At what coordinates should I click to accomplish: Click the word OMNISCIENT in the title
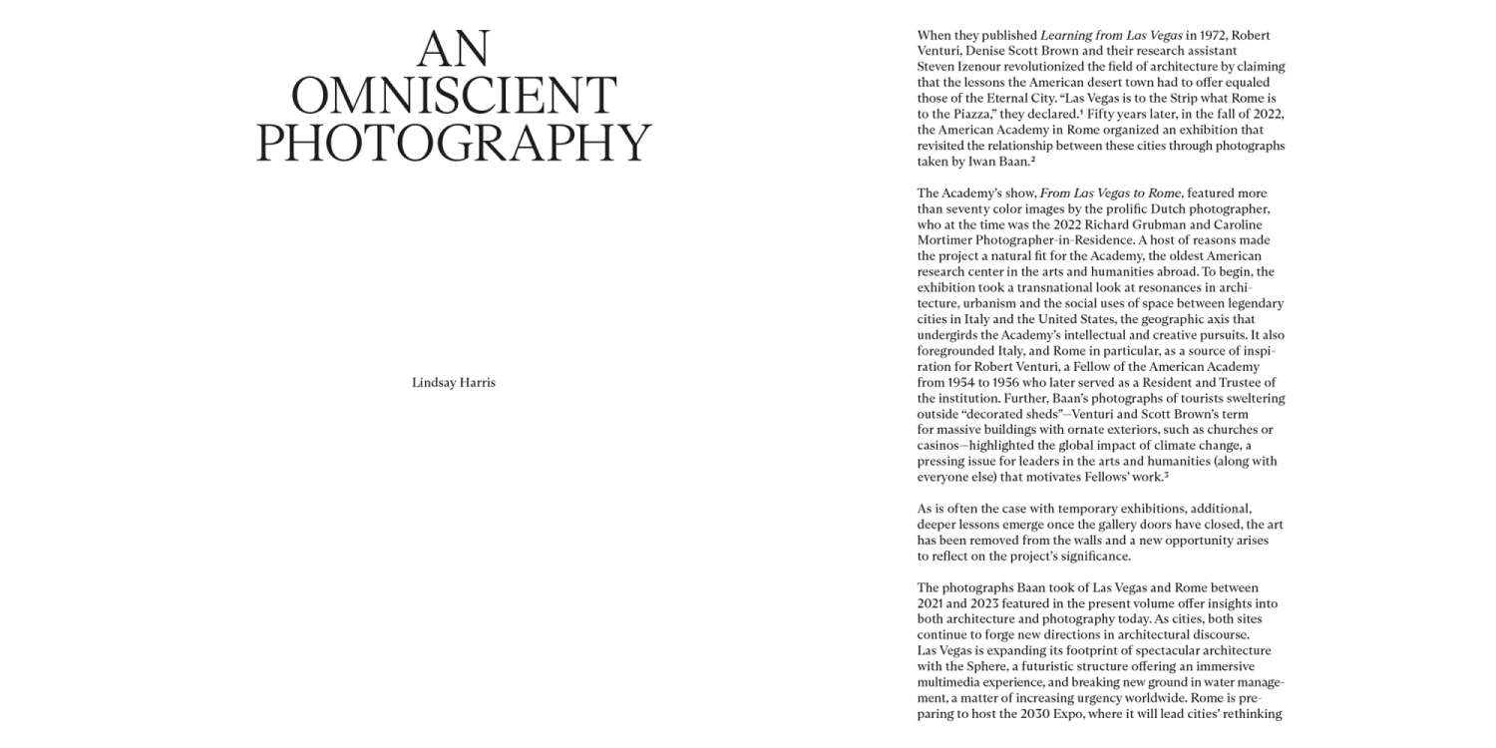tap(454, 97)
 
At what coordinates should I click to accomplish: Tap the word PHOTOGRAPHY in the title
tap(454, 143)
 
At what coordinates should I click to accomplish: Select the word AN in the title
tap(454, 50)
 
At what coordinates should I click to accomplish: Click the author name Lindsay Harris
tap(454, 383)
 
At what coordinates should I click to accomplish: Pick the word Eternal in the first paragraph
tap(1017, 98)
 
